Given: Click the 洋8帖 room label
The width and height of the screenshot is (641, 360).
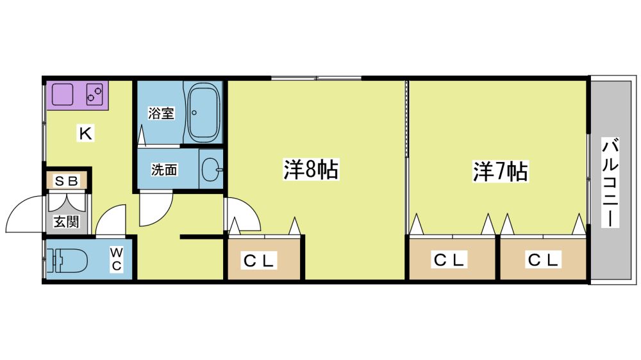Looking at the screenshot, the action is [311, 170].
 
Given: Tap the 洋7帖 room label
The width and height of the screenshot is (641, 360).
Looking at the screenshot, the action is [501, 171].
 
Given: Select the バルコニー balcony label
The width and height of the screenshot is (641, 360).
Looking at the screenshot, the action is [610, 183].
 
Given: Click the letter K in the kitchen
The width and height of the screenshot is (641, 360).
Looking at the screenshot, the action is [85, 133].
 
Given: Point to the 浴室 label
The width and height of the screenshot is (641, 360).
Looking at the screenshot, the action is [161, 113].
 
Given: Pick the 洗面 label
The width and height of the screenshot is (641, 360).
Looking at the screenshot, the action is [164, 170].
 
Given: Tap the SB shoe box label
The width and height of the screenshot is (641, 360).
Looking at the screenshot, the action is [66, 181].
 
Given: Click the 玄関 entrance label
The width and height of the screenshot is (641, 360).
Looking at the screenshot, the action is [66, 222].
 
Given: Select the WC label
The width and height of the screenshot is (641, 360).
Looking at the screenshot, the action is [117, 259].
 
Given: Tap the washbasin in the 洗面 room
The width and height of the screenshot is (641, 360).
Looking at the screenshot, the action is [212, 169].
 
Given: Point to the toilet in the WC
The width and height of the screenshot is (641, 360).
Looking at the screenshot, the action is [68, 260].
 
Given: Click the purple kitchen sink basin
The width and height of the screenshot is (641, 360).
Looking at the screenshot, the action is [62, 94].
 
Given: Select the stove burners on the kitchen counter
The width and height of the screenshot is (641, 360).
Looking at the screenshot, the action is [94, 94].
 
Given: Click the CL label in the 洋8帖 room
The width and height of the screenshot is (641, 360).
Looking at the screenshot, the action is [258, 260].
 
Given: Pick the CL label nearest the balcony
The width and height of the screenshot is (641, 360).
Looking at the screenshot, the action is [543, 260].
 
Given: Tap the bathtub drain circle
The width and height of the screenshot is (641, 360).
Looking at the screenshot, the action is [195, 113].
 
